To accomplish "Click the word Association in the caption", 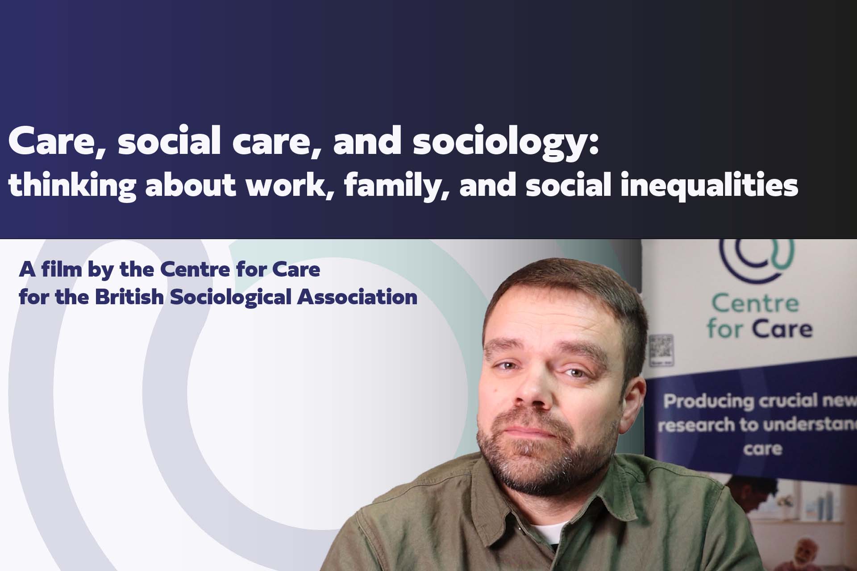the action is click(x=358, y=297).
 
